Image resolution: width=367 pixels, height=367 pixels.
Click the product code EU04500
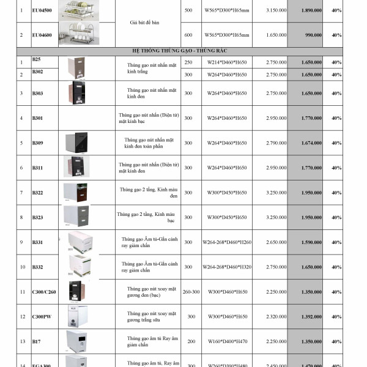(42, 10)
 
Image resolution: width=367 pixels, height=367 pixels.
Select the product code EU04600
(42, 35)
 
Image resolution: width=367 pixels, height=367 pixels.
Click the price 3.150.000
(266, 10)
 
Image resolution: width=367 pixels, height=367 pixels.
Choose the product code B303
(37, 93)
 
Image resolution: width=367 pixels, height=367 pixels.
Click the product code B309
(37, 143)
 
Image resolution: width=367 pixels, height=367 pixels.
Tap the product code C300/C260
(43, 292)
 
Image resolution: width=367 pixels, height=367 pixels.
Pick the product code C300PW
(42, 317)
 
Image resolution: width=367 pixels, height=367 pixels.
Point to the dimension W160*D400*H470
(227, 341)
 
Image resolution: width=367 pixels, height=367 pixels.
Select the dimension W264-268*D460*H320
(227, 267)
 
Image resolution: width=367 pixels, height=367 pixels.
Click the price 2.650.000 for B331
(266, 242)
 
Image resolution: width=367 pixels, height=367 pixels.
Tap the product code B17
(37, 341)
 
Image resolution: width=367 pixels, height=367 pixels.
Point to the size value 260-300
(191, 292)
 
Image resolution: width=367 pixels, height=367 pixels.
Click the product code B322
(37, 193)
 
